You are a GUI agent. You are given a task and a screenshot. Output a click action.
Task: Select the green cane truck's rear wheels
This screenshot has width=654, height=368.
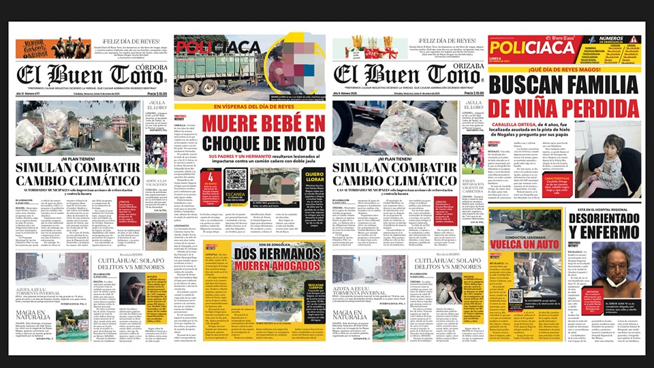tap(204, 87)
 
